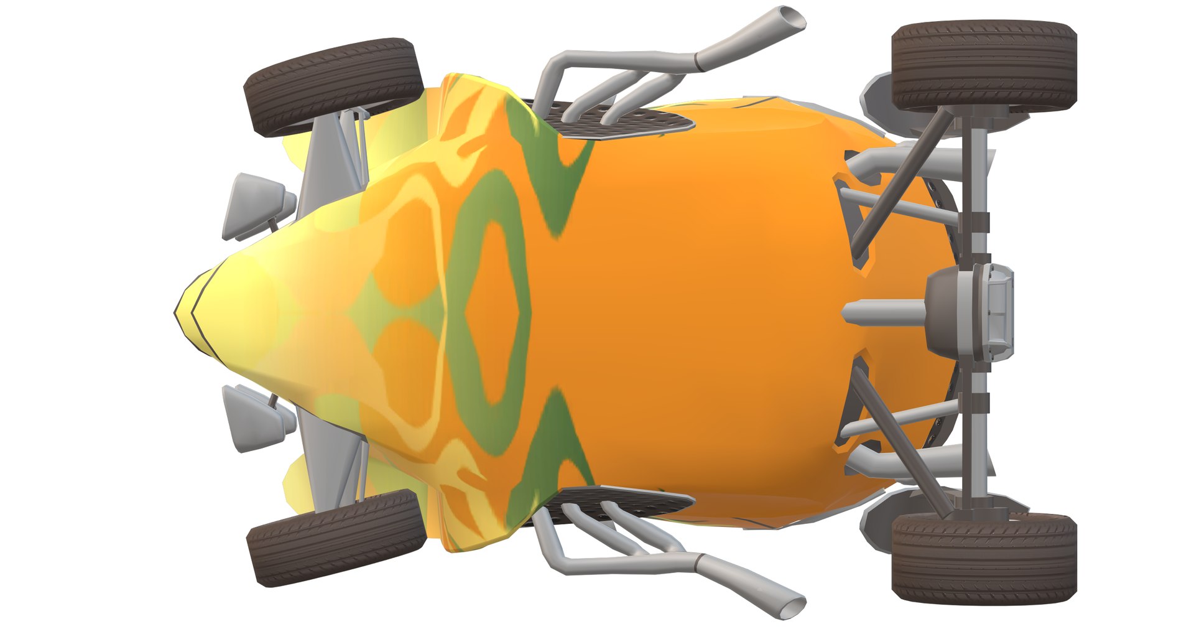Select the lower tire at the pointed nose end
337,538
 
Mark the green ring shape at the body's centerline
491,311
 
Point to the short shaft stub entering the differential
883,311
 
